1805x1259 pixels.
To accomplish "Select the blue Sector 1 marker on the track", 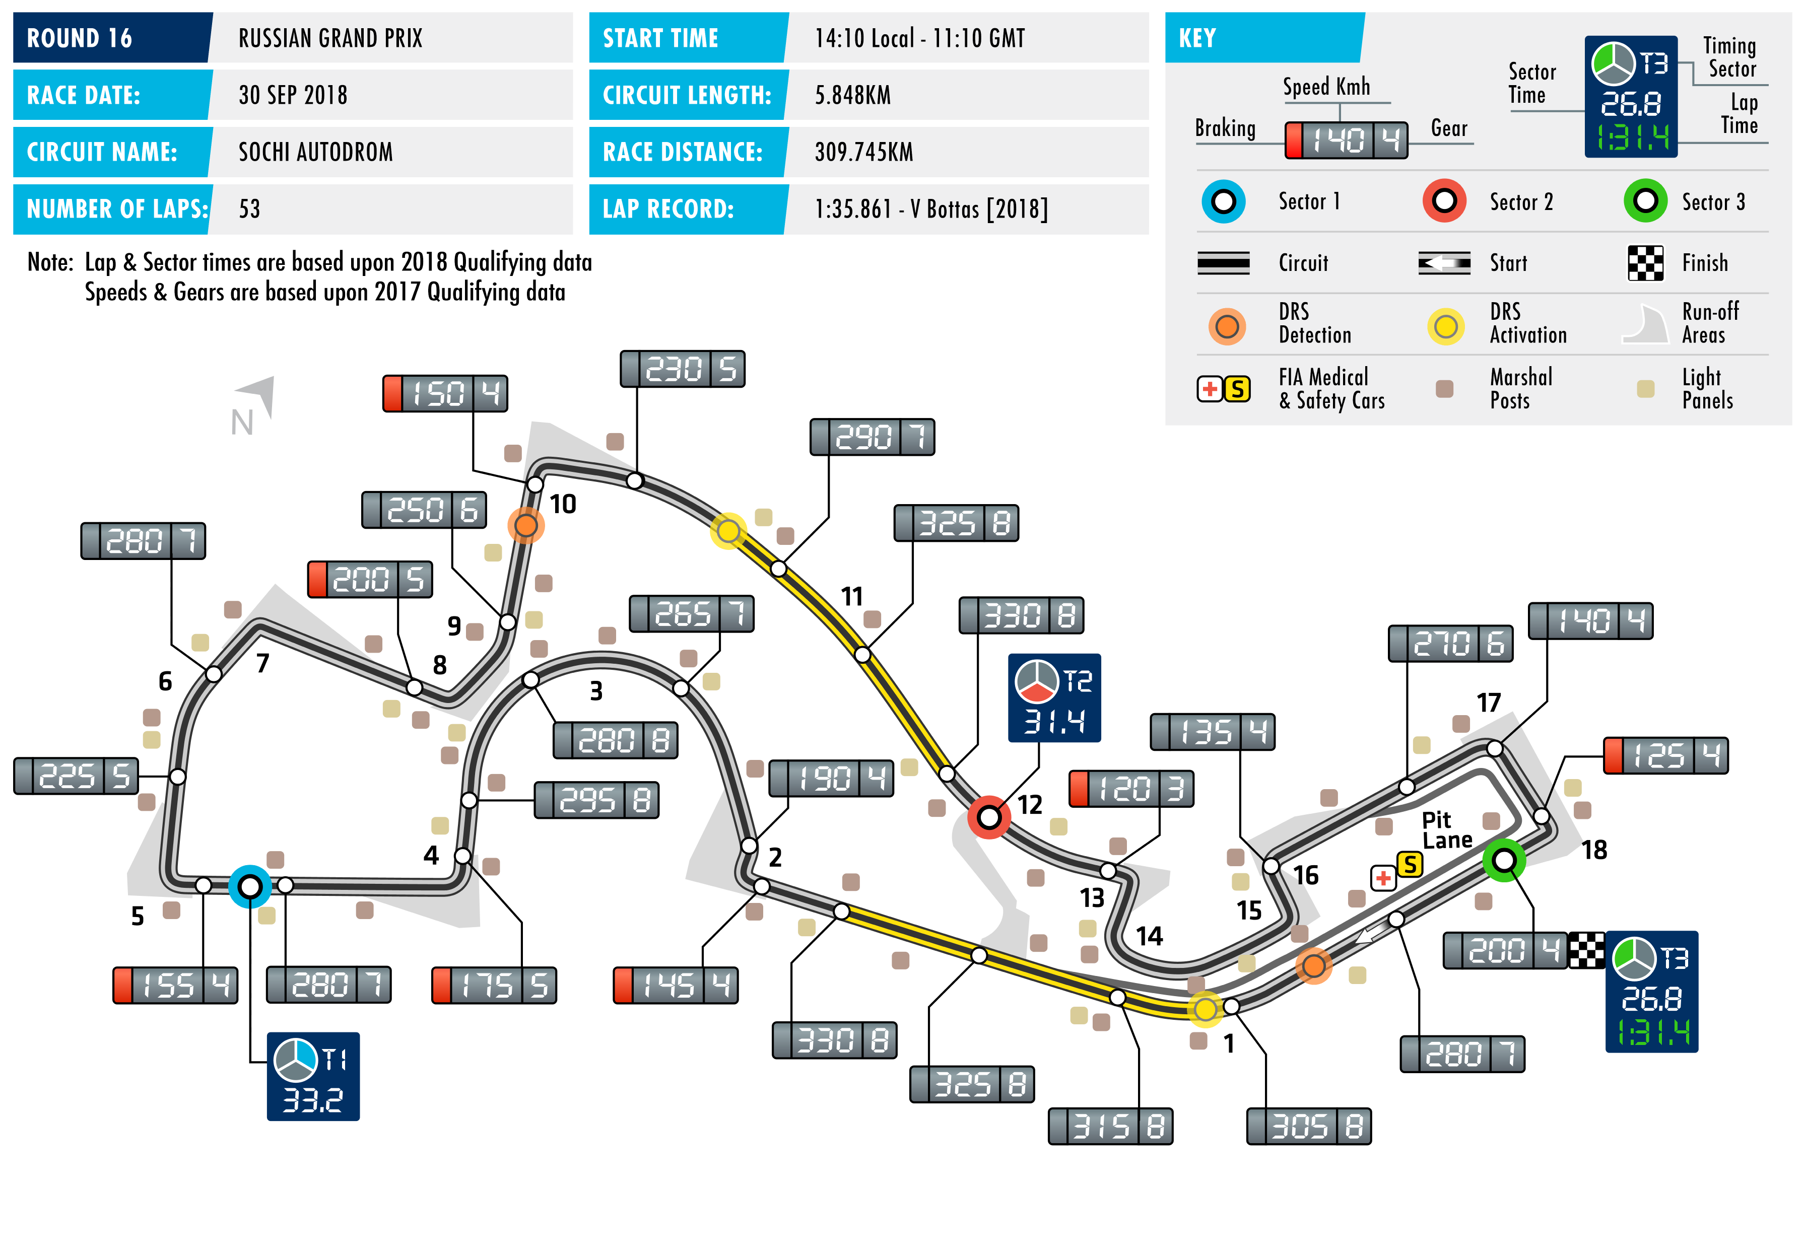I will [x=250, y=886].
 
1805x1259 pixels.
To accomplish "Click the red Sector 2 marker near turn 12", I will [x=989, y=817].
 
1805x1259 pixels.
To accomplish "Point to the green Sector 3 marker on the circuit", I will [x=1504, y=861].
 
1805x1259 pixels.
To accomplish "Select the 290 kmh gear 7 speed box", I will [x=872, y=437].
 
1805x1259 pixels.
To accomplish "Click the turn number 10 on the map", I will [x=563, y=504].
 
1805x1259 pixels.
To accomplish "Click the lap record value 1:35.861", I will [x=931, y=209].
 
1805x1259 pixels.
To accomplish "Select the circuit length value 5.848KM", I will [x=852, y=95].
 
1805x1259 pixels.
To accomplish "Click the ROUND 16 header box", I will [x=112, y=38].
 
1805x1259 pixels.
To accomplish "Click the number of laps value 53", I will [x=249, y=209].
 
